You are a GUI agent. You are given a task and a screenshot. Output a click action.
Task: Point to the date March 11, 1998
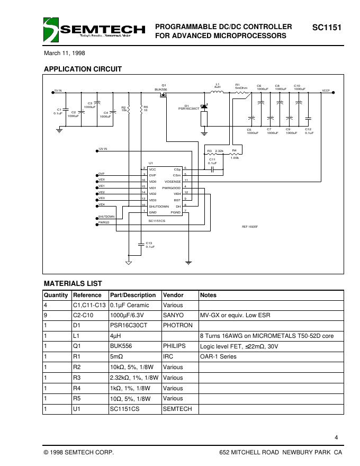64,53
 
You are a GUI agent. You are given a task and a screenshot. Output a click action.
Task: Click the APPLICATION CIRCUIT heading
83,69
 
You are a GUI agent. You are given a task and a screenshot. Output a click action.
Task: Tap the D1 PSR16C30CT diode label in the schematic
188,107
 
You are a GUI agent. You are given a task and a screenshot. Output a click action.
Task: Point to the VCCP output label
326,91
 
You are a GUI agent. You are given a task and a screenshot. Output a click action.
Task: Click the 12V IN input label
103,149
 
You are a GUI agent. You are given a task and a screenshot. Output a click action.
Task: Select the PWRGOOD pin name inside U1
171,188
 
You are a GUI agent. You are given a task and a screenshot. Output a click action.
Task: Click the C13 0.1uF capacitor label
150,245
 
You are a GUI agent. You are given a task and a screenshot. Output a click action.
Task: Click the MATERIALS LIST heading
73,284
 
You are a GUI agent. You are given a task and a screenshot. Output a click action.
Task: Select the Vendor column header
173,295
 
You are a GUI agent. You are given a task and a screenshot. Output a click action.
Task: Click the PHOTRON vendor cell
178,326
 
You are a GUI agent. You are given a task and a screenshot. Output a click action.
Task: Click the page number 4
337,437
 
